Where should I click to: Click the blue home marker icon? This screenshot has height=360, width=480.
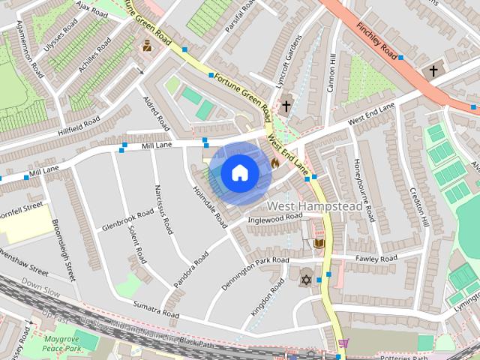(239, 173)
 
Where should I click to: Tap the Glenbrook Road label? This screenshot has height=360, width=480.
(128, 219)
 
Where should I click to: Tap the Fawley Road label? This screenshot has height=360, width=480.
(377, 258)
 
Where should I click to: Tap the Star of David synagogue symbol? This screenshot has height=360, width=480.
(305, 280)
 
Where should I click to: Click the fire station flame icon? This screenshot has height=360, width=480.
(274, 160)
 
